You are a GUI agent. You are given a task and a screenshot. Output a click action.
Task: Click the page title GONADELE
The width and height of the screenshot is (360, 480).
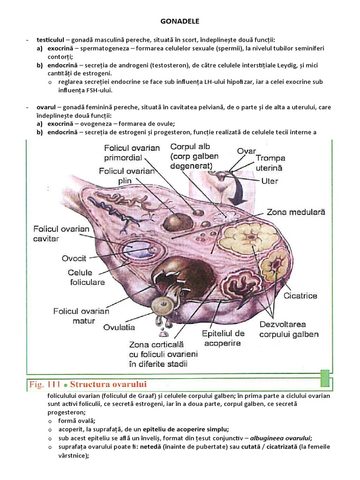pyautogui.click(x=180, y=21)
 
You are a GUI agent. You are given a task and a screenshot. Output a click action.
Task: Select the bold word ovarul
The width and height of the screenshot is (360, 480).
pyautogui.click(x=46, y=107)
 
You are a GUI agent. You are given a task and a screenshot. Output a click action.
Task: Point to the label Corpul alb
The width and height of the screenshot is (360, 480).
pyautogui.click(x=191, y=146)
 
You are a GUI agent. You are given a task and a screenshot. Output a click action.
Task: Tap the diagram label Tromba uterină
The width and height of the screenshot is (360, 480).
pyautogui.click(x=270, y=163)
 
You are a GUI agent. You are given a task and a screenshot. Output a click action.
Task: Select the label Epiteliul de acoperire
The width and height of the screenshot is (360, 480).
pyautogui.click(x=223, y=338)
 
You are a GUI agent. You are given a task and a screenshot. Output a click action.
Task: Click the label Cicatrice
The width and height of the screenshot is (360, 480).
pyautogui.click(x=300, y=296)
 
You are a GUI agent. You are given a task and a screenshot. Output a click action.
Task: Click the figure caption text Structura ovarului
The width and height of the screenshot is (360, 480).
pyautogui.click(x=112, y=384)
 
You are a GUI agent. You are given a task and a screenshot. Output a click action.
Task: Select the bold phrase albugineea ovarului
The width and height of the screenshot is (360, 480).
pyautogui.click(x=280, y=438)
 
